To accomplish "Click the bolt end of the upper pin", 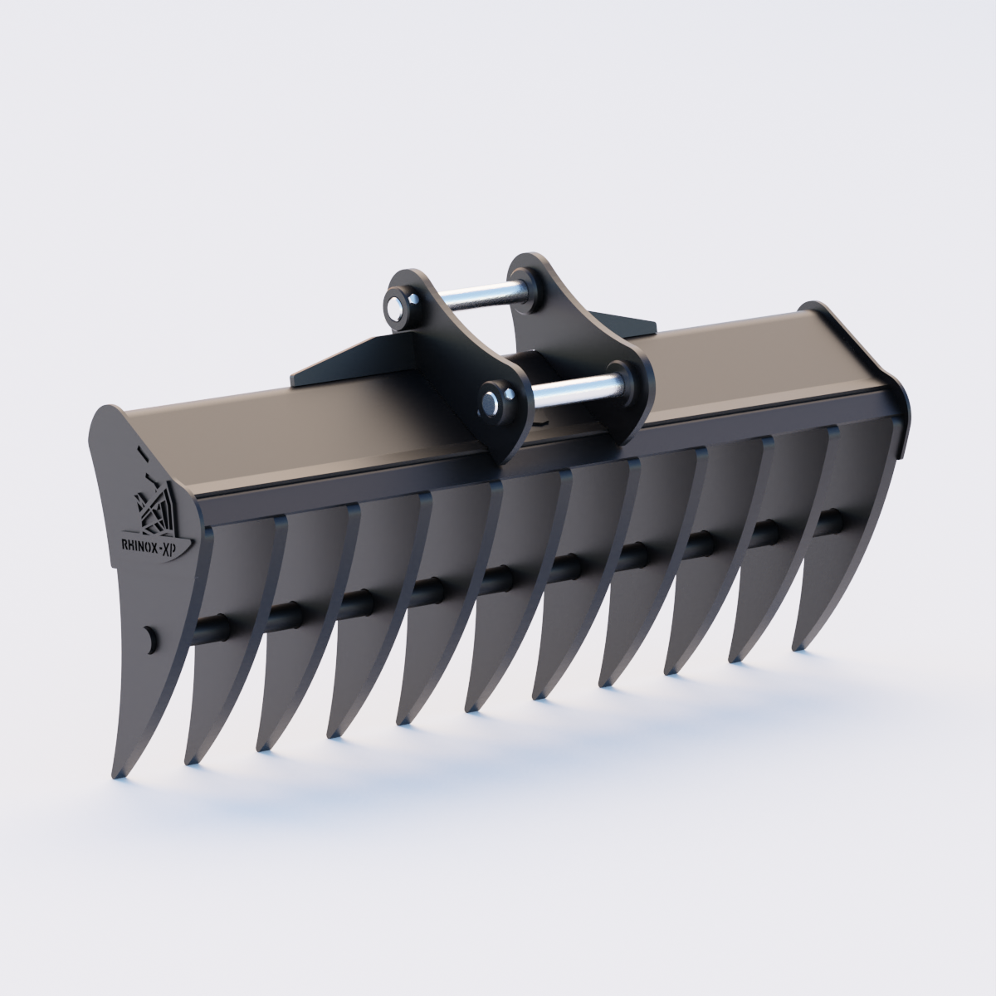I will point(395,307).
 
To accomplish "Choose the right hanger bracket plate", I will point(581,332).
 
